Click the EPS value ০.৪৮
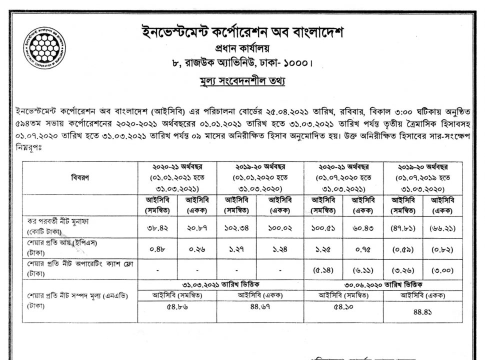coord(158,248)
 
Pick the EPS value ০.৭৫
coord(362,248)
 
